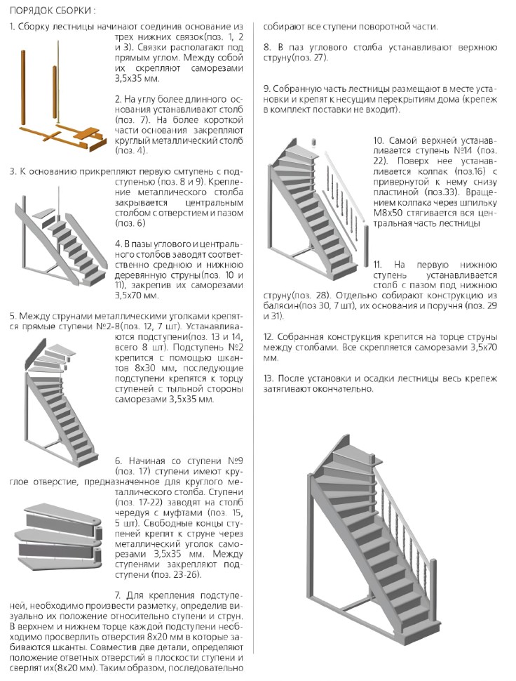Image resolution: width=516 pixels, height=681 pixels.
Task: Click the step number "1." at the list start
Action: point(13,26)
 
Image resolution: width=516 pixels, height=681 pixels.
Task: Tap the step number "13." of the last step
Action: point(269,379)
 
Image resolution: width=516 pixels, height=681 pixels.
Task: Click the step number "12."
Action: point(269,337)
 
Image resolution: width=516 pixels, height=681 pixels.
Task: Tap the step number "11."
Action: point(378,264)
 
